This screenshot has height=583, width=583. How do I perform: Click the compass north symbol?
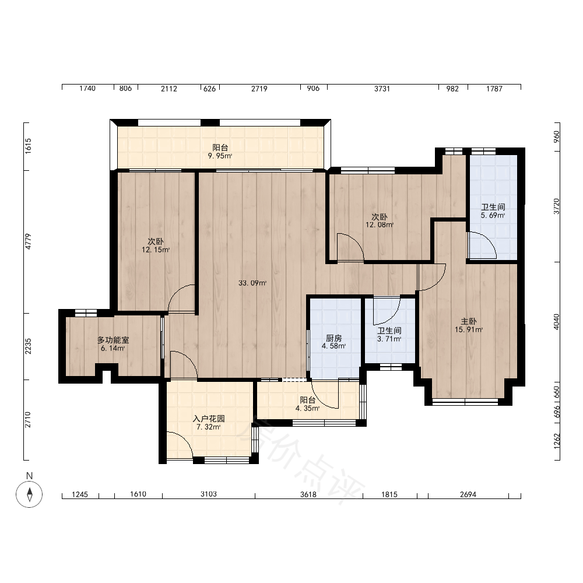click(29, 494)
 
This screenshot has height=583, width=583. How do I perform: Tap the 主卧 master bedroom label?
click(469, 321)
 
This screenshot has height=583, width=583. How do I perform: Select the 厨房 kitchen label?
click(333, 338)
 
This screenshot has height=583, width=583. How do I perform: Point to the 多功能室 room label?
click(113, 340)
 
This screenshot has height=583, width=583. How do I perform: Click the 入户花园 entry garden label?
click(209, 419)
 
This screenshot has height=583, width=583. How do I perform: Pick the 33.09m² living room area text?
click(252, 283)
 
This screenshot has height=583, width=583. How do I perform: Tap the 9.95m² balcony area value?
click(220, 156)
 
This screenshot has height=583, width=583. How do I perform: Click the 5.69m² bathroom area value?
click(493, 215)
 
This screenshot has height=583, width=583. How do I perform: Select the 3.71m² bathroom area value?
click(389, 339)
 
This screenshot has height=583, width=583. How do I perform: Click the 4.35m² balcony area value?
click(307, 408)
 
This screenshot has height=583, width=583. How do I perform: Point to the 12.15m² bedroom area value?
click(156, 250)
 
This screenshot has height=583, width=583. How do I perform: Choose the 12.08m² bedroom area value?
click(380, 225)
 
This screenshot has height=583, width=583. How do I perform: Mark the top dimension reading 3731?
click(382, 89)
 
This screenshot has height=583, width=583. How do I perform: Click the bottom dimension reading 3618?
click(308, 494)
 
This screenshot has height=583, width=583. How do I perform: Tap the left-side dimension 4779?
click(28, 241)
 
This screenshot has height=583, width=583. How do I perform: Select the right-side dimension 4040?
click(556, 322)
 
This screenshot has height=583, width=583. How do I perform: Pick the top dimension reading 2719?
click(259, 89)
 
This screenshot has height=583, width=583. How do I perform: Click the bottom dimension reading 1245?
click(79, 494)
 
